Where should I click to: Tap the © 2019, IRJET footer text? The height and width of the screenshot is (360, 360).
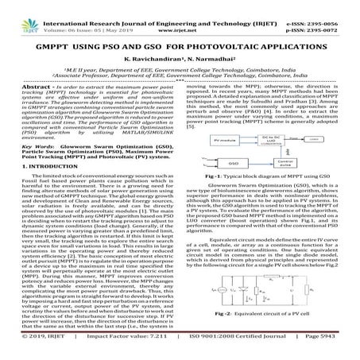(x=31, y=349)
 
